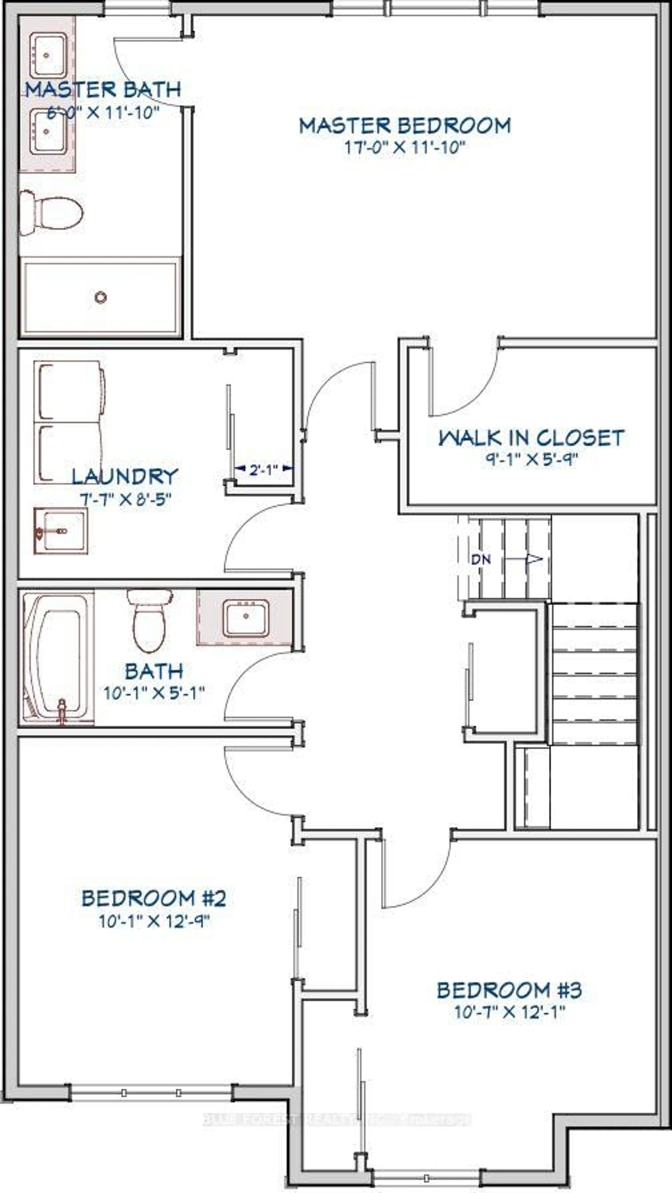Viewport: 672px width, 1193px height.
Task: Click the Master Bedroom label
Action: pyautogui.click(x=405, y=126)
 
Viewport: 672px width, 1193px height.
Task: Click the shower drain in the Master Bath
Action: pyautogui.click(x=100, y=297)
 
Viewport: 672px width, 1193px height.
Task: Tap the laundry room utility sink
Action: pyautogui.click(x=61, y=531)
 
